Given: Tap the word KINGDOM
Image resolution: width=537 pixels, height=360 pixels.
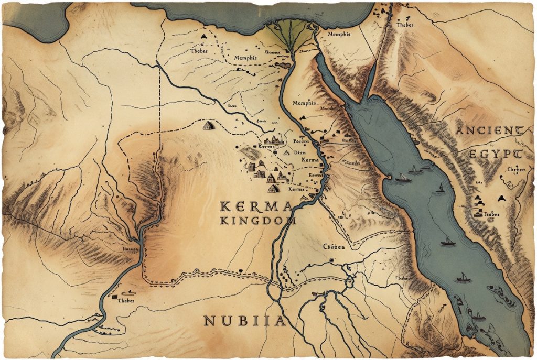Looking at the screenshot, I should (x=258, y=221).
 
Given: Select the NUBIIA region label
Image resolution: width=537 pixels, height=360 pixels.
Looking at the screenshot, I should (x=245, y=321).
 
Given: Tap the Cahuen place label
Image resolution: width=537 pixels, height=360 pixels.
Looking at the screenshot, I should (x=334, y=246).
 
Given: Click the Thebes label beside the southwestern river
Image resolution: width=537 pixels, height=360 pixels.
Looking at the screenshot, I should (x=126, y=301).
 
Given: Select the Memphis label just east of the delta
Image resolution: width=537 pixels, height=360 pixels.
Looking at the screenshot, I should (x=338, y=35).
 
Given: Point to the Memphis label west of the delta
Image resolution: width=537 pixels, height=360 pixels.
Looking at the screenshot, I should (x=245, y=58).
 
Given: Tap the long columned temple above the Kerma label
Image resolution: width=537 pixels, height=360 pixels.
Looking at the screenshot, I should (x=274, y=140).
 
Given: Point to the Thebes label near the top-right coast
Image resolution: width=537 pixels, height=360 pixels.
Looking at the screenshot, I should (x=405, y=25).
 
